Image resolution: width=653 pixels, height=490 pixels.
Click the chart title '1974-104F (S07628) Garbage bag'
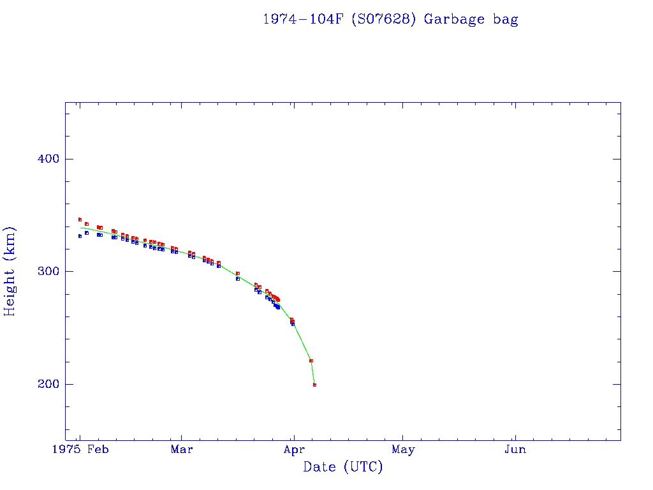click(x=390, y=19)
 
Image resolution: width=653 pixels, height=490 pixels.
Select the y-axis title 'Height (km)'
click(x=10, y=271)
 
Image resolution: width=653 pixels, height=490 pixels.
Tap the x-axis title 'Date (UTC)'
click(x=343, y=467)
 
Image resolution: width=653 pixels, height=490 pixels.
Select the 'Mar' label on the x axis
click(x=182, y=450)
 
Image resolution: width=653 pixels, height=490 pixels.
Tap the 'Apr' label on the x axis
click(x=293, y=450)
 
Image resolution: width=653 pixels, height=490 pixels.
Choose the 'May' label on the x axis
click(x=403, y=450)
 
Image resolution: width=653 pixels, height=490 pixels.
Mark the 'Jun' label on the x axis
click(x=515, y=450)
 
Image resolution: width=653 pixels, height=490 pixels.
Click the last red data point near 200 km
click(x=315, y=385)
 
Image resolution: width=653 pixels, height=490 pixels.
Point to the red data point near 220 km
click(x=311, y=360)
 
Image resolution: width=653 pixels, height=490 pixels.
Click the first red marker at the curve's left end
click(x=80, y=219)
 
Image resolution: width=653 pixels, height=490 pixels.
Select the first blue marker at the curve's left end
click(x=80, y=236)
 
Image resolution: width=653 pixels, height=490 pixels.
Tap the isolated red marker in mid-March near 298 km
click(x=238, y=273)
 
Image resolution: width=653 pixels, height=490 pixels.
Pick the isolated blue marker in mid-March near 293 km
click(x=237, y=279)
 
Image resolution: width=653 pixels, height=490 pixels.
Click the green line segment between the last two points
click(x=313, y=373)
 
